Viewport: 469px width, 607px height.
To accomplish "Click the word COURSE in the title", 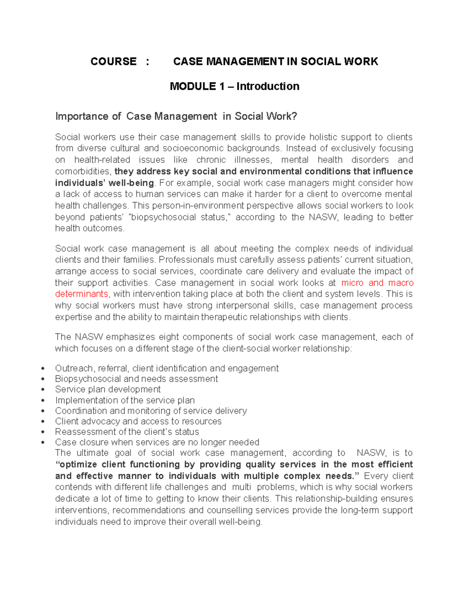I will pyautogui.click(x=113, y=61).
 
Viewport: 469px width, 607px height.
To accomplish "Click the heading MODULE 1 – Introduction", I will pyautogui.click(x=234, y=86).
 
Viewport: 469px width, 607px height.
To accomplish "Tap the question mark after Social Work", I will pyautogui.click(x=294, y=116).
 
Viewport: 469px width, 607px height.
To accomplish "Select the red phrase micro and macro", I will pyautogui.click(x=377, y=283).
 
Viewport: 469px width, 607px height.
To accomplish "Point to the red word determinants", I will pyautogui.click(x=82, y=294).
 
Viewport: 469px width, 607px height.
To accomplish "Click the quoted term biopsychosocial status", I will pyautogui.click(x=180, y=217).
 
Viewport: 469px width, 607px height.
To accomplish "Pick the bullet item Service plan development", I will pyautogui.click(x=108, y=389).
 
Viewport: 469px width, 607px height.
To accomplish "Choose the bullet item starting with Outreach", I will pyautogui.click(x=167, y=368).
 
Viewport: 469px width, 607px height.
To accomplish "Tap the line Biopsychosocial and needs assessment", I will pyautogui.click(x=136, y=379).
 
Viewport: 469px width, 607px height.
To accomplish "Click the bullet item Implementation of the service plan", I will pyautogui.click(x=125, y=400).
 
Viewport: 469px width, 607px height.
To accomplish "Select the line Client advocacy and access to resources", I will pyautogui.click(x=138, y=421).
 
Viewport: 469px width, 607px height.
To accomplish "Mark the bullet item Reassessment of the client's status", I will pyautogui.click(x=127, y=432).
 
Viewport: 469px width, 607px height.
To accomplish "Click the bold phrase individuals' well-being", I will pyautogui.click(x=104, y=183).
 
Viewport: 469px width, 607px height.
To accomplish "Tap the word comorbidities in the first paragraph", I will pyautogui.click(x=82, y=172).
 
